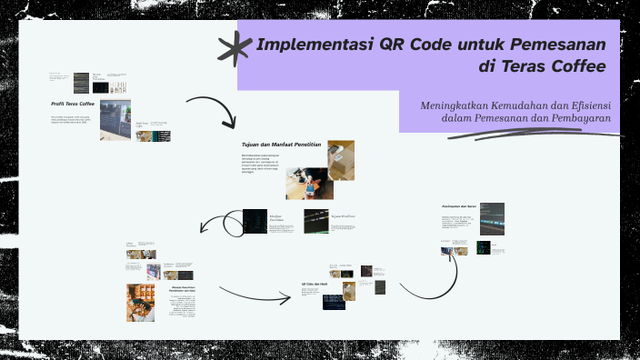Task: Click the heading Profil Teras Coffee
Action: point(73,104)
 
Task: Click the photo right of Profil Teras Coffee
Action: point(115,117)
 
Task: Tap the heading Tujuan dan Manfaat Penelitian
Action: point(275,145)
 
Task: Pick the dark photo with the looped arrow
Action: point(255,222)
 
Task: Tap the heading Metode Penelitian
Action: point(185,289)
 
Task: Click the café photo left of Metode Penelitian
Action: point(141,303)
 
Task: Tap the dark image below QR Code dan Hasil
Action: point(334,303)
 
